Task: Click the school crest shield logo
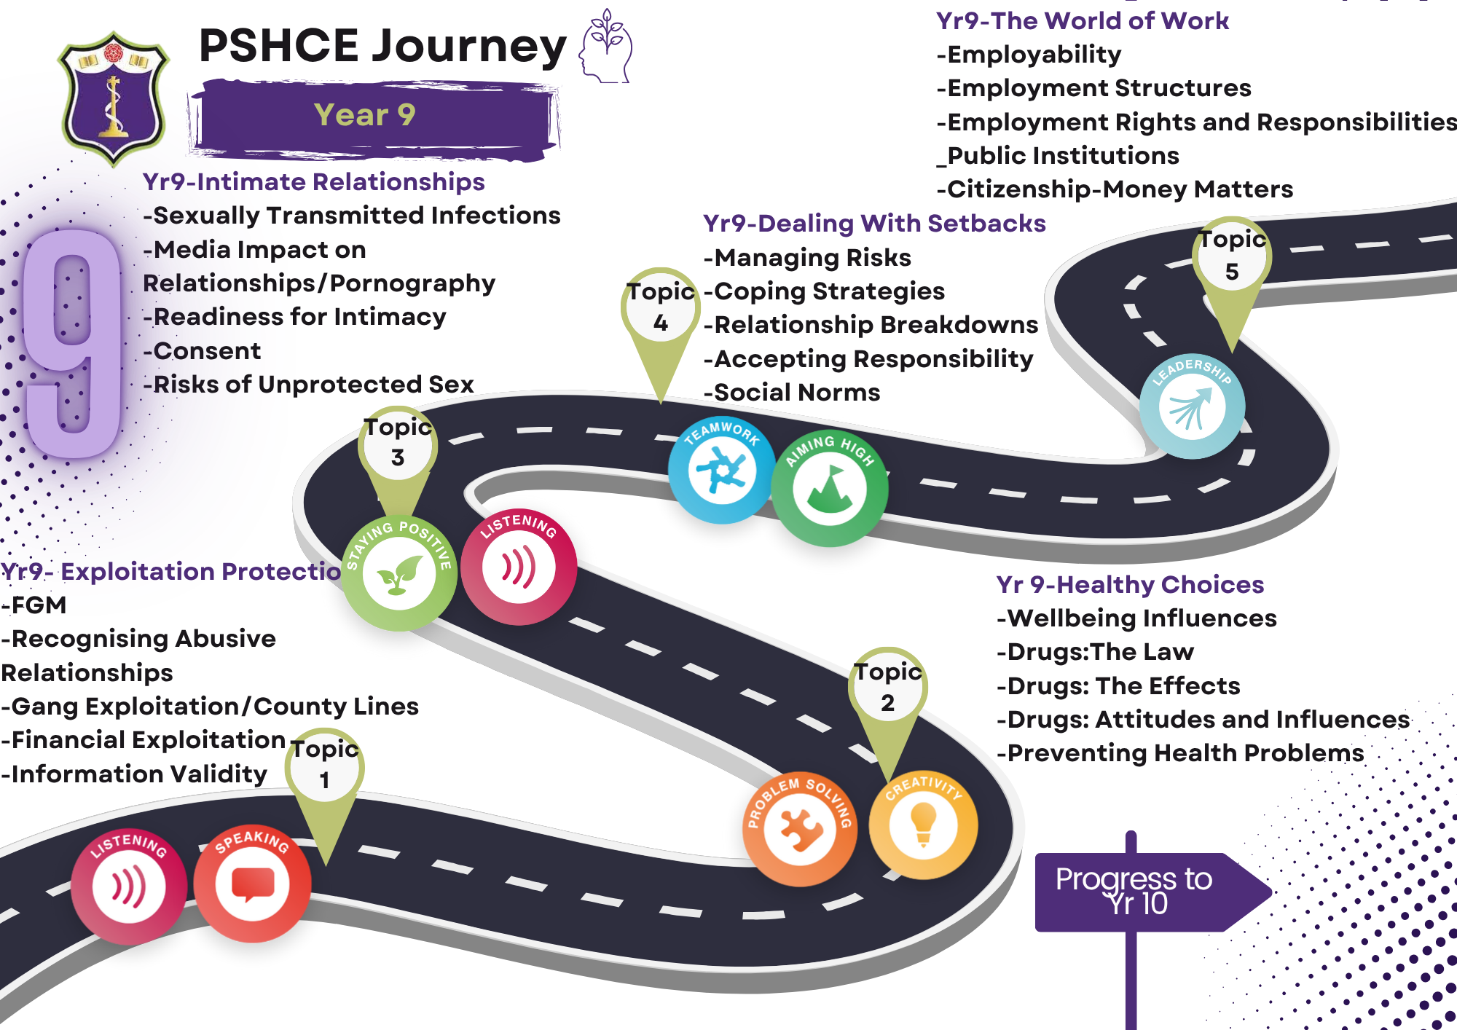click(x=113, y=98)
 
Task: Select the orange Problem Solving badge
click(x=800, y=829)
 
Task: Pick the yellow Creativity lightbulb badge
click(x=923, y=825)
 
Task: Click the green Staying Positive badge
click(x=399, y=573)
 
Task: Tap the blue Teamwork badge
click(x=721, y=470)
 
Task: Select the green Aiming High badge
click(x=830, y=489)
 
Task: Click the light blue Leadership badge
click(x=1192, y=406)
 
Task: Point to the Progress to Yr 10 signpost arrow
click(x=1151, y=892)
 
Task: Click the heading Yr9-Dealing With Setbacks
click(x=874, y=224)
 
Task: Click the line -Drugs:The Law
click(x=1096, y=652)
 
